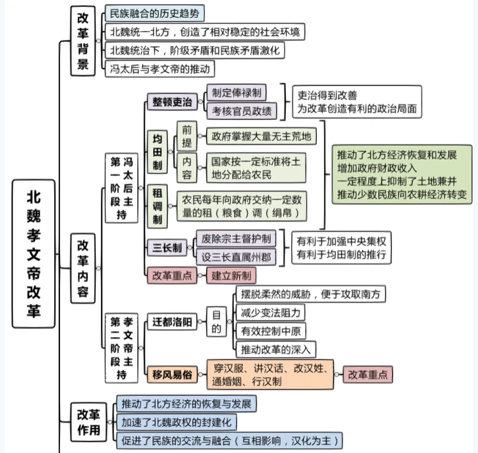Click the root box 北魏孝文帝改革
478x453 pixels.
(x=33, y=254)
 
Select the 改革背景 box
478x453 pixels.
(x=83, y=41)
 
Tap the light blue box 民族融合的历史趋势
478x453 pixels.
(x=155, y=13)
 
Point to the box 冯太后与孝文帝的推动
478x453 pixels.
(x=160, y=69)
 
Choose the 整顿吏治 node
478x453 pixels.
(x=172, y=102)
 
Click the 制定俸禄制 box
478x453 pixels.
(x=237, y=92)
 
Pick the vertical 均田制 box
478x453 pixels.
(x=157, y=152)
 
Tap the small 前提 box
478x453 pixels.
(x=187, y=136)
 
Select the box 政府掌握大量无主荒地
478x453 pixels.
(x=262, y=136)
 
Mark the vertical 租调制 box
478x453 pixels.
(x=157, y=206)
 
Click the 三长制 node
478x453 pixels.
(x=167, y=248)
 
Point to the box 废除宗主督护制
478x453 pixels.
(x=236, y=238)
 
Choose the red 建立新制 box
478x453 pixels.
(x=231, y=276)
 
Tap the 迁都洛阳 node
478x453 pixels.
(x=172, y=321)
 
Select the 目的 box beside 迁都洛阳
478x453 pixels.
(x=216, y=321)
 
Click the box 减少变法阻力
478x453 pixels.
(x=270, y=313)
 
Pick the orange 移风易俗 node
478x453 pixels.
(x=172, y=375)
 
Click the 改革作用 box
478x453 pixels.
(x=89, y=422)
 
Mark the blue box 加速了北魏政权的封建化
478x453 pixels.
(x=177, y=422)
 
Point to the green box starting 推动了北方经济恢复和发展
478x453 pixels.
(x=402, y=174)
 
